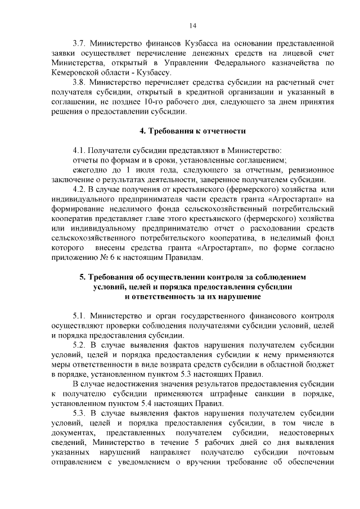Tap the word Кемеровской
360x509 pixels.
pos(75,73)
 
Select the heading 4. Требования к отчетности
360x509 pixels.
pos(192,131)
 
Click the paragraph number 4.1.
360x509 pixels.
pos(79,150)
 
